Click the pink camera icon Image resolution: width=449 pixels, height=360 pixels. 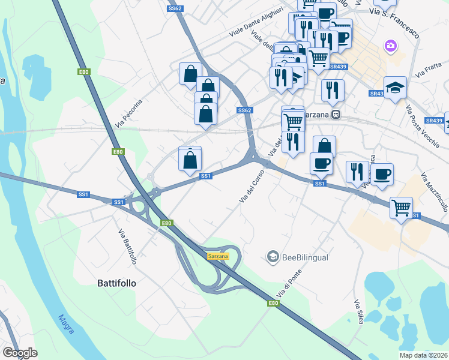pyautogui.click(x=391, y=46)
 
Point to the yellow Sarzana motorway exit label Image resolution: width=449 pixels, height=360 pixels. pyautogui.click(x=218, y=256)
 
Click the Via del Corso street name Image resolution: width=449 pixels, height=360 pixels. pyautogui.click(x=252, y=187)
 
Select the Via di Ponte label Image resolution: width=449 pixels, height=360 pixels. pyautogui.click(x=289, y=284)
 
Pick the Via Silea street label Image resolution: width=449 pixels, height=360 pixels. pyautogui.click(x=359, y=311)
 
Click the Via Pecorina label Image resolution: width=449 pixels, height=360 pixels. pyautogui.click(x=130, y=113)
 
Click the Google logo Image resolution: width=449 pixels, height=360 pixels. pyautogui.click(x=20, y=353)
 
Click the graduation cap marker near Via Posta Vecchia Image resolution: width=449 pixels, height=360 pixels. pyautogui.click(x=395, y=88)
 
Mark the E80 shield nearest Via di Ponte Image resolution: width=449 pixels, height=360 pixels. pyautogui.click(x=273, y=304)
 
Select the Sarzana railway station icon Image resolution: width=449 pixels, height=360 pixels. pyautogui.click(x=337, y=114)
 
